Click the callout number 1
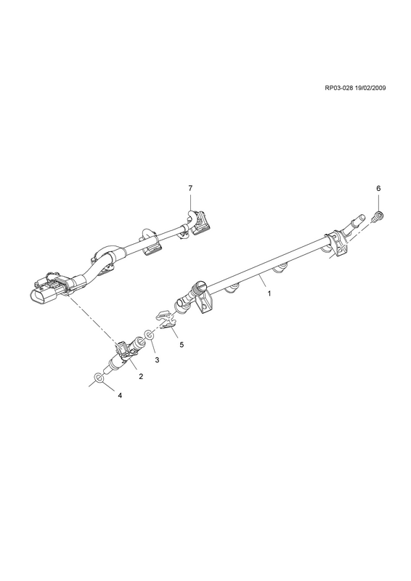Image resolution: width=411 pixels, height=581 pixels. (x=269, y=293)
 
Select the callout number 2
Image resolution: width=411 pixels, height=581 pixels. (x=141, y=376)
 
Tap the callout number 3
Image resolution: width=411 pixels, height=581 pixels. (x=157, y=359)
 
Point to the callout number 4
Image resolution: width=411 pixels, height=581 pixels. (x=120, y=396)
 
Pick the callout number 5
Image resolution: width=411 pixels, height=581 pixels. (x=182, y=344)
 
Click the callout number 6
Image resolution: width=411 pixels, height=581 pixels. (x=378, y=188)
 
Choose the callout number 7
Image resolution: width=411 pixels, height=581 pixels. (x=190, y=188)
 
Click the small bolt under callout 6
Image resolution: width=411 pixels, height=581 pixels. (x=378, y=216)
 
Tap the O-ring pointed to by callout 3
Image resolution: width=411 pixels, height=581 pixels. (x=150, y=335)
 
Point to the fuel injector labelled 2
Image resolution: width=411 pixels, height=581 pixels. (x=124, y=354)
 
